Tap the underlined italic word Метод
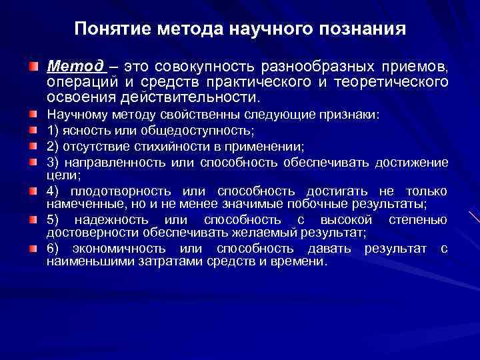click(75, 67)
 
